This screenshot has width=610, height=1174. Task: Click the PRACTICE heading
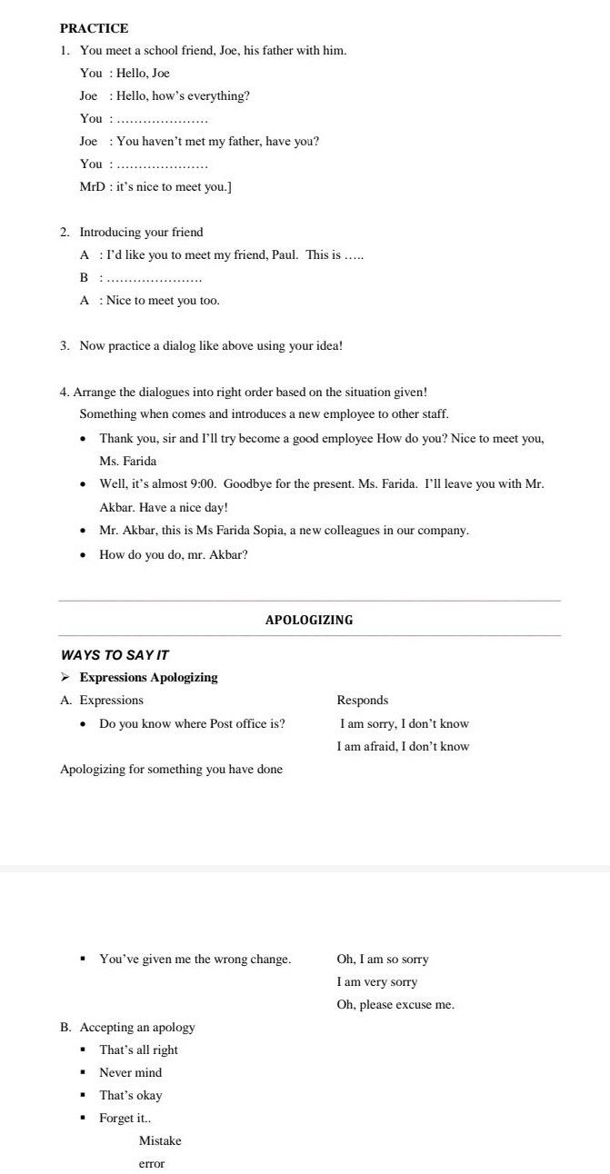coord(94,28)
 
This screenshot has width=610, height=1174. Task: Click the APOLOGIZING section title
coord(309,621)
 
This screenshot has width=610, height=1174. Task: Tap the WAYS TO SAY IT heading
coord(115,655)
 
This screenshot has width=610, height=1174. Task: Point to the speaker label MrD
coord(93,187)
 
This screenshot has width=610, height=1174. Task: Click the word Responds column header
coord(362,701)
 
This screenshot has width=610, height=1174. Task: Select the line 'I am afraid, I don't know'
coord(403,747)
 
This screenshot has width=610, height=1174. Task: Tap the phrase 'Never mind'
coord(130,1073)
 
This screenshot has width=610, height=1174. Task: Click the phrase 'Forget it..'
coord(125,1119)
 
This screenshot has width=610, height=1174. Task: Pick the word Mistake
coord(160,1141)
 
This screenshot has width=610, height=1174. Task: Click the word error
coord(152,1164)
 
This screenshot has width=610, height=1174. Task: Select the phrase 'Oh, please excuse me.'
coord(395,1005)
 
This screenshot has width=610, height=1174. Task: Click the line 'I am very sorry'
coord(376,982)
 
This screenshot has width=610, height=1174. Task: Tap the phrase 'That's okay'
coord(130,1096)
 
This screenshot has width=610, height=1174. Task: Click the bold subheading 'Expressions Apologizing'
coord(148,678)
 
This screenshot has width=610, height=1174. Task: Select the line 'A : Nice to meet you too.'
coord(150,301)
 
